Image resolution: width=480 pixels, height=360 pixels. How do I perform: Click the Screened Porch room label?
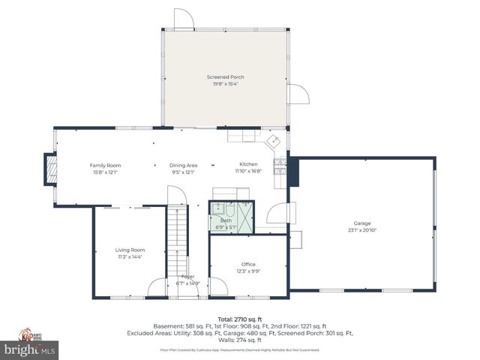click(225, 76)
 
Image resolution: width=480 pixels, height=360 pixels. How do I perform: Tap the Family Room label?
click(105, 165)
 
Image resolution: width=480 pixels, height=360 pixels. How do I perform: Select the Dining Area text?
click(183, 165)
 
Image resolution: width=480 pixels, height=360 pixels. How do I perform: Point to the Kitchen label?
click(248, 164)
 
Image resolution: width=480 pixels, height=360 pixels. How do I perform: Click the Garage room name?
click(362, 223)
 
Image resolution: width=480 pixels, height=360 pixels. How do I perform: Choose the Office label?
click(248, 264)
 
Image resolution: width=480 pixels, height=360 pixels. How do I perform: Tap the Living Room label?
click(129, 250)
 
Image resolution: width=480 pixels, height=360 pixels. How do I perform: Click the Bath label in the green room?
click(226, 220)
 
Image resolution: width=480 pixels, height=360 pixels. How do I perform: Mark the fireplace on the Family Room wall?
click(50, 169)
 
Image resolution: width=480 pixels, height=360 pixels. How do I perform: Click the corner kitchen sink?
click(274, 140)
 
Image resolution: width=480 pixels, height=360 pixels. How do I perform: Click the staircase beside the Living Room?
click(176, 240)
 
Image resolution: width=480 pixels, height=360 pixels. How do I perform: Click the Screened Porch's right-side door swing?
click(298, 94)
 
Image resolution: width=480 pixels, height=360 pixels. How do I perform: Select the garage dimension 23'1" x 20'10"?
click(362, 230)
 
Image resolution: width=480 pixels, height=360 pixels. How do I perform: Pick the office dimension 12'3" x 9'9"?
click(248, 271)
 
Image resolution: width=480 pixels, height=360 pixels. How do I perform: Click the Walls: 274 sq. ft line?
click(239, 340)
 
